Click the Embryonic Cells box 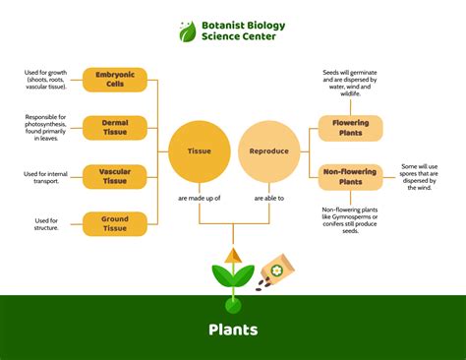pos(114,80)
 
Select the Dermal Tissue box pos(114,128)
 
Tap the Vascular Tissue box pos(114,176)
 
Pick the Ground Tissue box pos(114,223)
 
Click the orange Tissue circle pos(199,151)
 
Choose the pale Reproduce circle pos(268,151)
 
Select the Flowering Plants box pos(351,128)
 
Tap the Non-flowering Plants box pos(351,176)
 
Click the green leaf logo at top pos(188,31)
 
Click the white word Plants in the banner pos(233,330)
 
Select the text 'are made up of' pos(199,199)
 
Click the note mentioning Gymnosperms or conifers pos(351,222)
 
